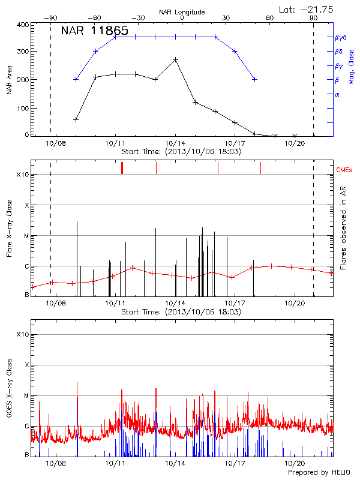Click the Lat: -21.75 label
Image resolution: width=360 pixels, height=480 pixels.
click(308, 10)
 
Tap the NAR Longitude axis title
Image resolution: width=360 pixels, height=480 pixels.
click(182, 12)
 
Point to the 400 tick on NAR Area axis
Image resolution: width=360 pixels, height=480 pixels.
click(22, 25)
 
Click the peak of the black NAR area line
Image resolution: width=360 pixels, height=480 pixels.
click(175, 59)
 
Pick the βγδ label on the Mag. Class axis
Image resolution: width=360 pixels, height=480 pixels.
click(340, 37)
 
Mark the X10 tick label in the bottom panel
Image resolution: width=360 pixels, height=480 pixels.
click(22, 334)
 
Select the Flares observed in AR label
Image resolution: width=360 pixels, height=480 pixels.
click(343, 234)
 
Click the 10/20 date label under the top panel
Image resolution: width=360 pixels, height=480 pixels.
click(295, 143)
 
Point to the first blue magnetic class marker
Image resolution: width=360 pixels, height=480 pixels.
click(76, 79)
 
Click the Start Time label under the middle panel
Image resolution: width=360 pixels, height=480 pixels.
click(181, 312)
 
